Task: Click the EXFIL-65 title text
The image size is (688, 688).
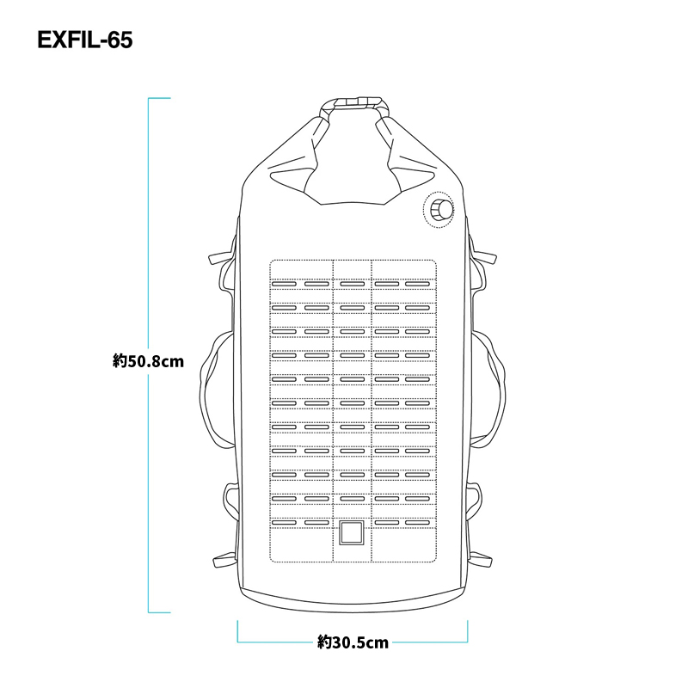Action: [x=84, y=40]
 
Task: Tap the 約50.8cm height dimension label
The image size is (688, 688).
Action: [x=148, y=361]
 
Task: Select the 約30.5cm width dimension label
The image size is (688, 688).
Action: [x=353, y=642]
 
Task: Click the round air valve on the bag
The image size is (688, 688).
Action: [x=439, y=210]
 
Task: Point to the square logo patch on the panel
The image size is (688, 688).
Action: [x=352, y=532]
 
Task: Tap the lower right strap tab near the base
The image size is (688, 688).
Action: [x=481, y=561]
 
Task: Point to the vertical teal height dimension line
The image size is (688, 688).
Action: [x=149, y=355]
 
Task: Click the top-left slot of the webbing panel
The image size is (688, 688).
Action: [x=284, y=284]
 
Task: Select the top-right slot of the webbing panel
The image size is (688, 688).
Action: [x=417, y=284]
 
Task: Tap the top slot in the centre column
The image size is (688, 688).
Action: [x=353, y=284]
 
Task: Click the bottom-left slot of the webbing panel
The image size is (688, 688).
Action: [x=284, y=523]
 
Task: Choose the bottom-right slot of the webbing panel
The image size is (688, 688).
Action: [x=417, y=523]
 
